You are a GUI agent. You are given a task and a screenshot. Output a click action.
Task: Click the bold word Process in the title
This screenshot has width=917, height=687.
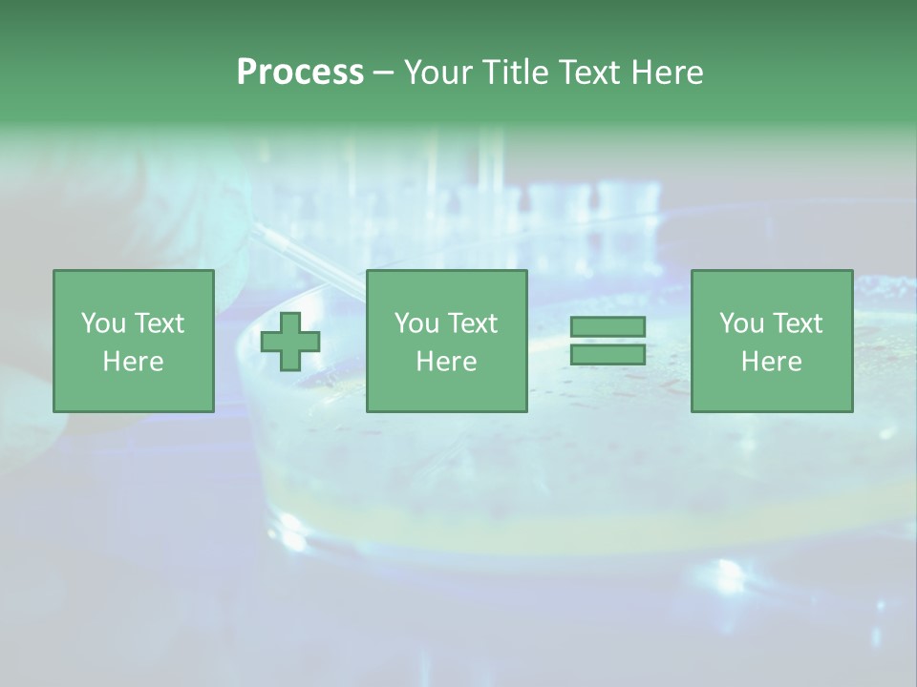click(x=300, y=73)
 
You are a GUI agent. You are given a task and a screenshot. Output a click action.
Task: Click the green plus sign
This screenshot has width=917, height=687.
click(x=290, y=341)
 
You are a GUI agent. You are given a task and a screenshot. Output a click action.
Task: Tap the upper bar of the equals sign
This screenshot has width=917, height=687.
click(x=608, y=327)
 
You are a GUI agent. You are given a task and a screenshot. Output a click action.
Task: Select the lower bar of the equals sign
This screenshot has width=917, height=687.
click(x=608, y=354)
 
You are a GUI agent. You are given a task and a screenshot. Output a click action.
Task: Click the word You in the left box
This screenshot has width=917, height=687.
click(x=103, y=323)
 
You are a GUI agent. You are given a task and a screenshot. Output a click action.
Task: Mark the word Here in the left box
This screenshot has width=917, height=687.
click(x=133, y=362)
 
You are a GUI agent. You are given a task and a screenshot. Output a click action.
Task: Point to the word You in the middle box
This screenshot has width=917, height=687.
click(x=416, y=323)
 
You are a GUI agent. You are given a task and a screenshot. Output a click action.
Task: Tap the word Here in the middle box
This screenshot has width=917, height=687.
click(x=446, y=362)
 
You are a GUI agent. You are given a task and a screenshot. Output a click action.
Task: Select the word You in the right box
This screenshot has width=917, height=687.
click(x=741, y=323)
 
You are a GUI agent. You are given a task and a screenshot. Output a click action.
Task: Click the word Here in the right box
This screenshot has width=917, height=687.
click(x=771, y=362)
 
